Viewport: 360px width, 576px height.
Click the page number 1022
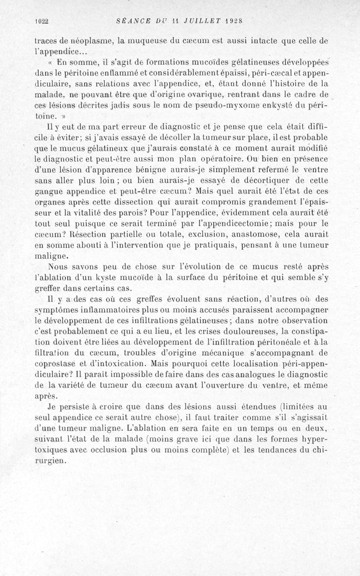tap(41, 21)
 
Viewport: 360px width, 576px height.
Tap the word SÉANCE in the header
tap(130, 21)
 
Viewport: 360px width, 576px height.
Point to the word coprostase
tap(54, 362)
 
